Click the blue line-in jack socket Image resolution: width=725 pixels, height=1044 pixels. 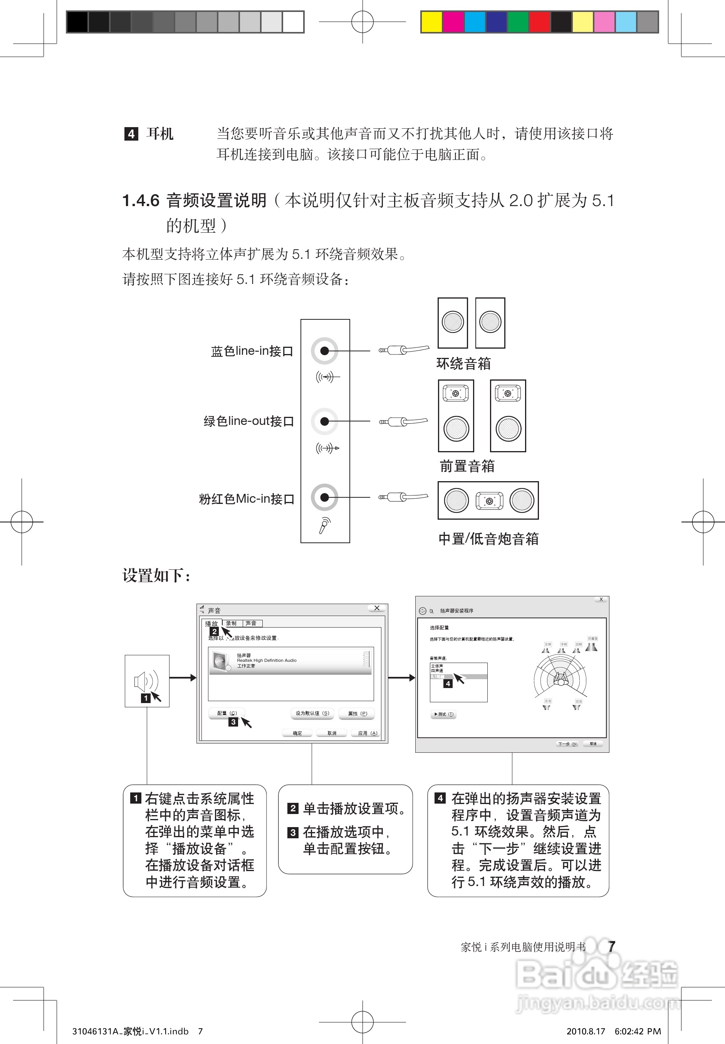point(324,351)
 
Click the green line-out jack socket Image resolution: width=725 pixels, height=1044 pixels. point(324,421)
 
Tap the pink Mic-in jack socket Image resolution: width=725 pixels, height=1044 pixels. point(324,497)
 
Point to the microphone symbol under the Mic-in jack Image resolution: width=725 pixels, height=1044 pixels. point(324,525)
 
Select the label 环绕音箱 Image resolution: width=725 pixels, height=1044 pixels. point(463,363)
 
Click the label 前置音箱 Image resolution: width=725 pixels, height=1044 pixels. point(467,466)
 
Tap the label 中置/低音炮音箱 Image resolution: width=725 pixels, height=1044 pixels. point(488,539)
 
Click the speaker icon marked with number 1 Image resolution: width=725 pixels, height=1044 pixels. point(145,681)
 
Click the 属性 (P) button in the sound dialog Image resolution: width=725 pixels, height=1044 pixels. point(357,713)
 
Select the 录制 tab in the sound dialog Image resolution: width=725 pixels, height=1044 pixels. point(231,623)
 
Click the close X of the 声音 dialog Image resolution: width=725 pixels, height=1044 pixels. point(377,608)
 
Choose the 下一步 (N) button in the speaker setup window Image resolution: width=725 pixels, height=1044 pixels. point(567,744)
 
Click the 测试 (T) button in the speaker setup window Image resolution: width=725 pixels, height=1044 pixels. point(443,714)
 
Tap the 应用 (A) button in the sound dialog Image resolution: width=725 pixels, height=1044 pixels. point(367,733)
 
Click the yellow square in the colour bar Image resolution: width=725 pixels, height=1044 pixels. point(431,22)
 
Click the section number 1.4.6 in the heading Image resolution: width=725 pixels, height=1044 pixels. point(141,200)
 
